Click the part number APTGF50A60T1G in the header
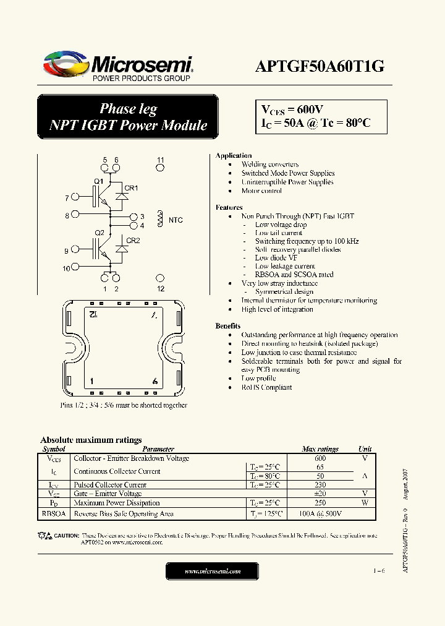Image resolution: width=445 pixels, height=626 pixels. pos(320,67)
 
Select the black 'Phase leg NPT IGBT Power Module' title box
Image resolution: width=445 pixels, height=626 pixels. pos(128,117)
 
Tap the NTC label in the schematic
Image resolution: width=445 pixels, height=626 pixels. pos(176,220)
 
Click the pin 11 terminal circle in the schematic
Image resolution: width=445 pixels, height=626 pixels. pos(161,168)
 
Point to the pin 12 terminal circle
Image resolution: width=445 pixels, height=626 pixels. pos(161,279)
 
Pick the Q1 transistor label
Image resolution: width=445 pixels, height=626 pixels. pos(98,181)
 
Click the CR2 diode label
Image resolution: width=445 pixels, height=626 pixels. pos(133,240)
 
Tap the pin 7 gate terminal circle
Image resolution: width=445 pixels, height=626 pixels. pos(75,198)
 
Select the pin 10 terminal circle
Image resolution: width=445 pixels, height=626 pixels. pos(75,268)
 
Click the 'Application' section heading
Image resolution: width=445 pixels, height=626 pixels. pos(234,155)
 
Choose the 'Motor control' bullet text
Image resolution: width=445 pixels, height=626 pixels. pos(261,191)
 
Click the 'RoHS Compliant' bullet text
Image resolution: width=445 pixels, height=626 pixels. pos(266,387)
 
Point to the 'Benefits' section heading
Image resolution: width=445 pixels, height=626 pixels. pos(228,325)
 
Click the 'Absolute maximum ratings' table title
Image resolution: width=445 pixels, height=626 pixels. pos(91,440)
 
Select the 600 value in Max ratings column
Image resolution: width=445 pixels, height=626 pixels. pos(320,458)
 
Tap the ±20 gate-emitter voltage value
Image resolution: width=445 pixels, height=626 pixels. pos(320,494)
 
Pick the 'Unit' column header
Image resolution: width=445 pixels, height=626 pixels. pos(365,449)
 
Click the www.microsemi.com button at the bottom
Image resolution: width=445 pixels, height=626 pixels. pos(213,572)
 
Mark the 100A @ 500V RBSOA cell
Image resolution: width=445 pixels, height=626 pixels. pos(321,514)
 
